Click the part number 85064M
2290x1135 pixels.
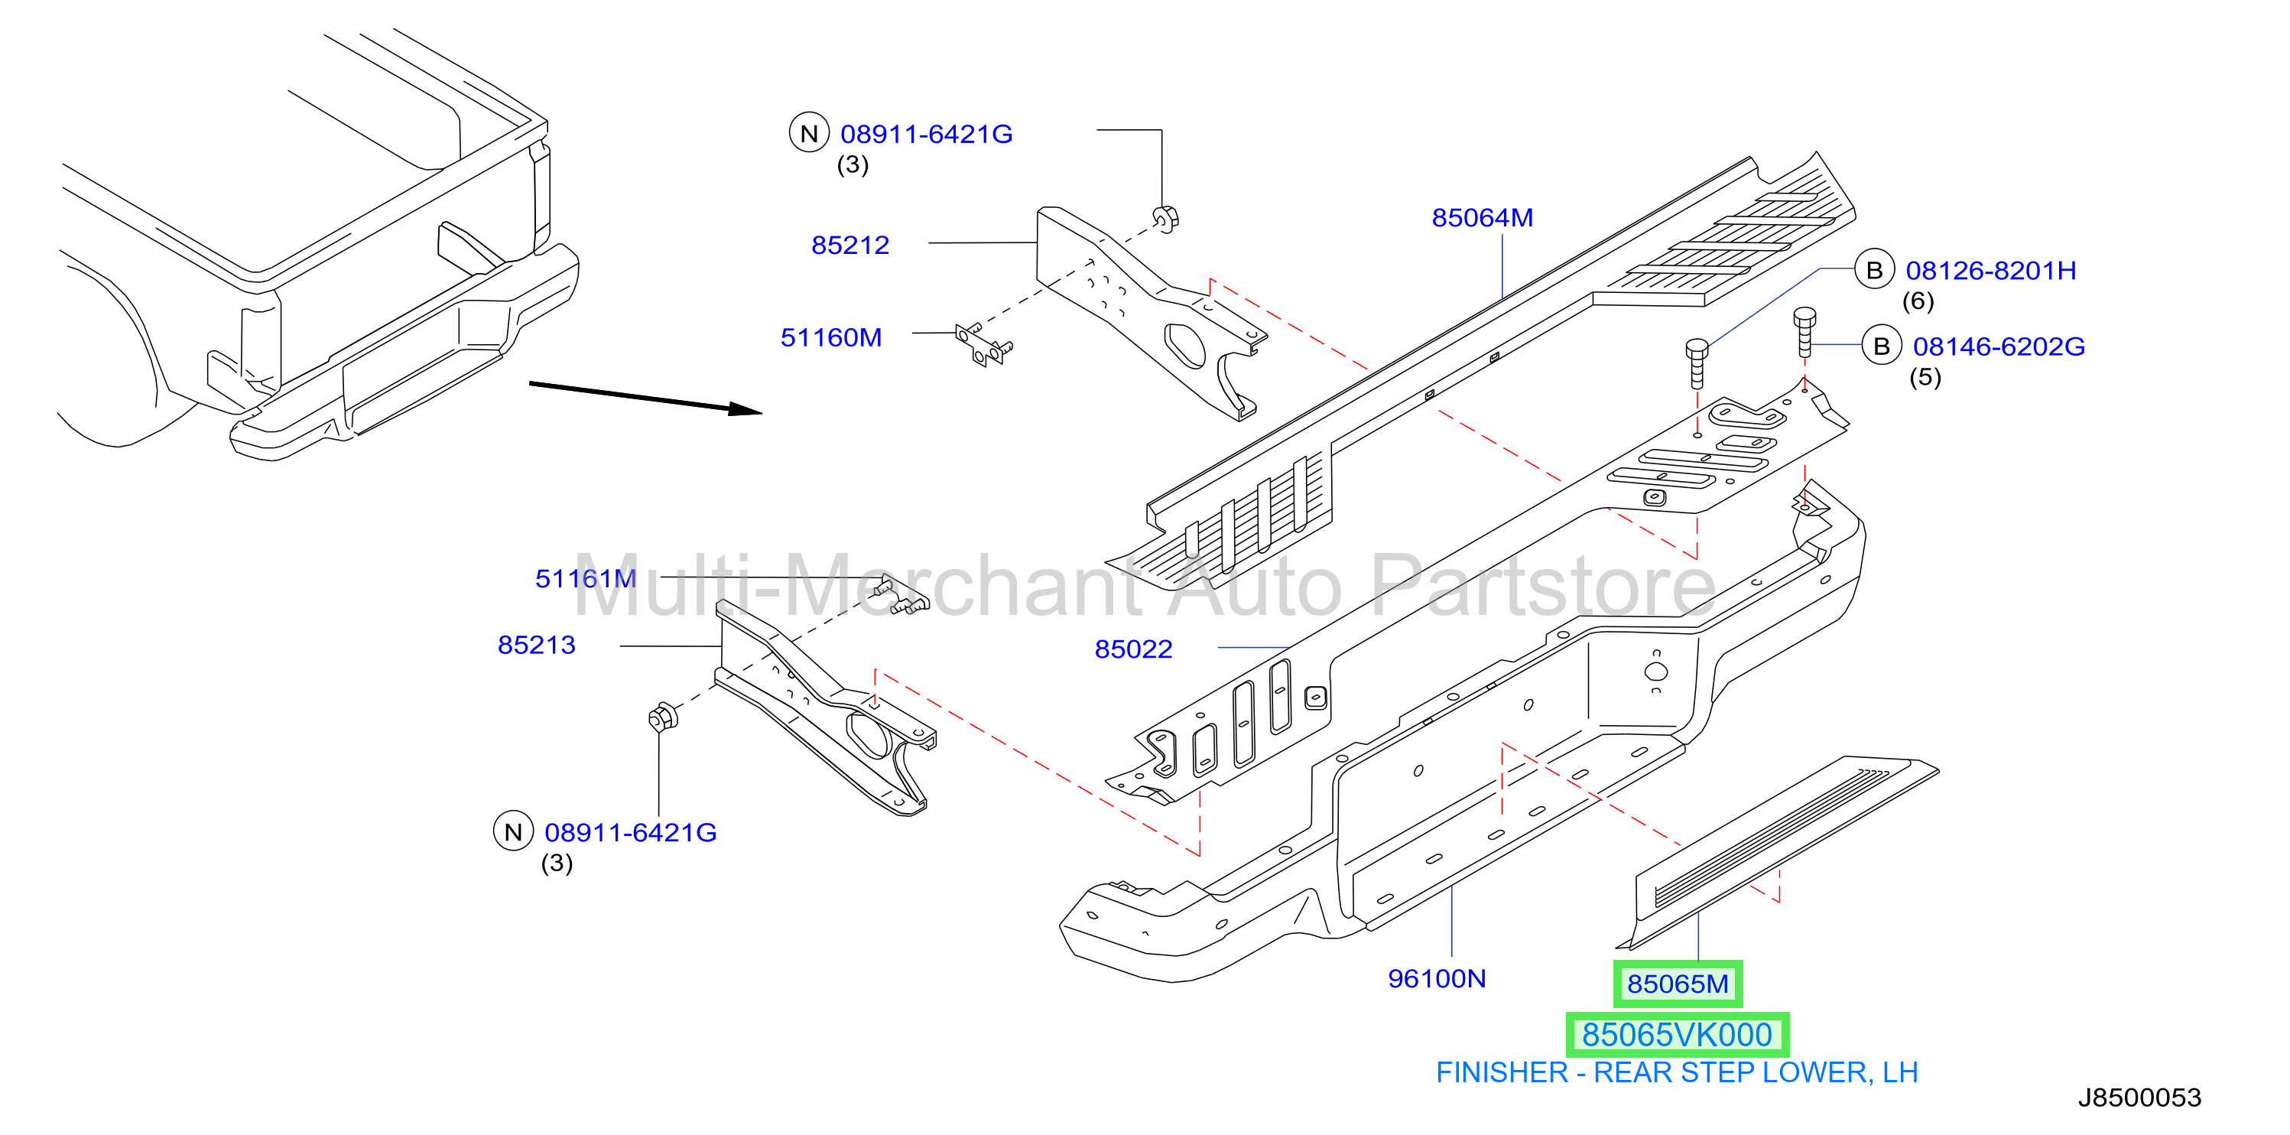point(1482,218)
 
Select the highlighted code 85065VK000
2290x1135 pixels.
point(1677,1035)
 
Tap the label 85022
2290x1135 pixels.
point(1133,649)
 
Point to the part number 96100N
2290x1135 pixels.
point(1437,978)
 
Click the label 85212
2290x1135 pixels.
point(849,246)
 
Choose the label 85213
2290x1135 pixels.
point(536,645)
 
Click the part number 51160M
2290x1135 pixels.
point(831,338)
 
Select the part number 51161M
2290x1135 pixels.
point(586,579)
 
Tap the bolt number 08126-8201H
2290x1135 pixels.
point(1991,271)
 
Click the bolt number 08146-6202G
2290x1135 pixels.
point(1999,347)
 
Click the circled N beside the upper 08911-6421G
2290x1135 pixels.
point(809,133)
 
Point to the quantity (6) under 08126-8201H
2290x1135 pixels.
point(1918,301)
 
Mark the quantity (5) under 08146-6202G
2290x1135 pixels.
point(1925,377)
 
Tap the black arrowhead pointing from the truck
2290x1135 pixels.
point(745,408)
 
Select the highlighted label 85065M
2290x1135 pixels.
point(1678,984)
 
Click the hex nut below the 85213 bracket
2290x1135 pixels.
point(663,716)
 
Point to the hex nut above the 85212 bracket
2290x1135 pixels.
point(1165,218)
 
